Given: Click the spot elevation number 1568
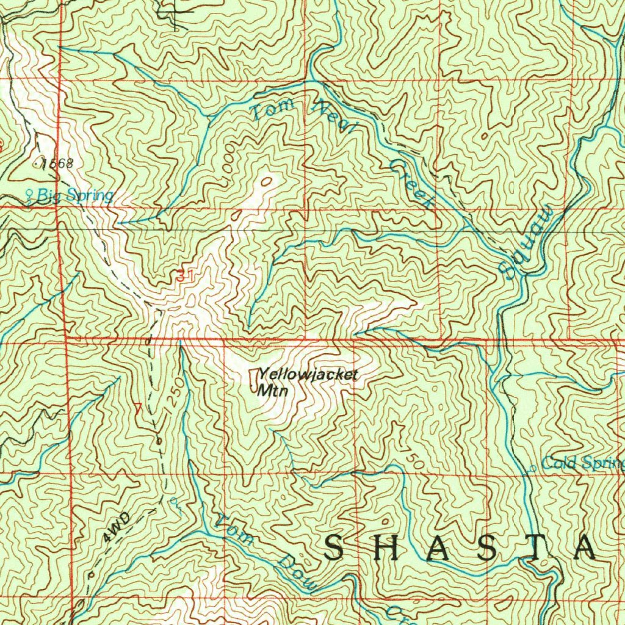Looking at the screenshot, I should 57,163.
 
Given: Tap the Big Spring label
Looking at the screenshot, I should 75,196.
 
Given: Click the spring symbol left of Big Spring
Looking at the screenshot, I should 29,195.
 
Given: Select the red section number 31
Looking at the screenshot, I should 185,276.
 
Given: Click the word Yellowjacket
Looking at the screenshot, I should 306,375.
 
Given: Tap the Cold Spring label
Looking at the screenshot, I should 582,463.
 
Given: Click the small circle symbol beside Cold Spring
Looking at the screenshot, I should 533,468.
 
